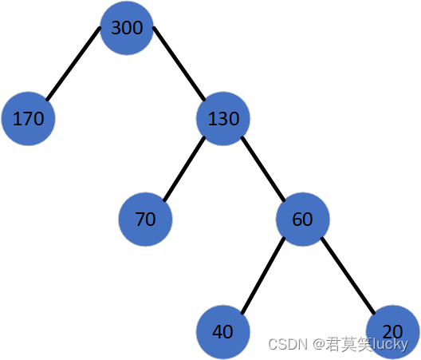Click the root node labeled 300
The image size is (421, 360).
pyautogui.click(x=127, y=28)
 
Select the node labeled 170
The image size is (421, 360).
pyautogui.click(x=28, y=119)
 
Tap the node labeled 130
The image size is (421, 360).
pyautogui.click(x=223, y=119)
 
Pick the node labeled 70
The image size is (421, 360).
pyautogui.click(x=145, y=220)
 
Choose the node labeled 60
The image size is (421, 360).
pyautogui.click(x=303, y=220)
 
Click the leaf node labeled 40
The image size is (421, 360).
pyautogui.click(x=223, y=332)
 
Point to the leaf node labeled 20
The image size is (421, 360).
pyautogui.click(x=392, y=332)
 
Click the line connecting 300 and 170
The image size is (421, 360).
pyautogui.click(x=73, y=63)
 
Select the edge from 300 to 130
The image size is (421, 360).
pyautogui.click(x=179, y=63)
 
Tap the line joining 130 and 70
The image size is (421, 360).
pyautogui.click(x=184, y=169)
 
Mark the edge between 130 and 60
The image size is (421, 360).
pyautogui.click(x=263, y=169)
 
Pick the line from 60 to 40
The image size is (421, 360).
pyautogui.click(x=263, y=275)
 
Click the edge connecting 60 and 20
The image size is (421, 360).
pyautogui.click(x=348, y=275)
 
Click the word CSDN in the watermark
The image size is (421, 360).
pyautogui.click(x=288, y=344)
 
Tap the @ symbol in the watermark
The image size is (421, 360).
pyautogui.click(x=319, y=344)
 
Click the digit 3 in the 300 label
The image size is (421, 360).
pyautogui.click(x=116, y=28)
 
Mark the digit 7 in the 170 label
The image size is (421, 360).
pyautogui.click(x=28, y=119)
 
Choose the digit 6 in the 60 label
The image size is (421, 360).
pyautogui.click(x=297, y=220)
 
